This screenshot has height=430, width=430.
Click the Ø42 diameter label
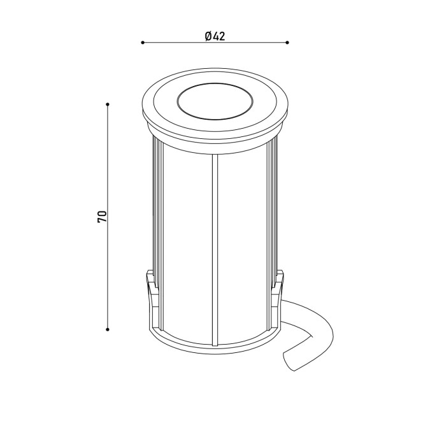[x=215, y=36]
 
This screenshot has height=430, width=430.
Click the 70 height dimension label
[x=101, y=217]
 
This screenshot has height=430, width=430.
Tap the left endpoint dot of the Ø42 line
[x=143, y=43]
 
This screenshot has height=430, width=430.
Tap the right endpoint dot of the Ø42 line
[x=287, y=43]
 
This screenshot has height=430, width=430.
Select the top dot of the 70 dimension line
[x=108, y=104]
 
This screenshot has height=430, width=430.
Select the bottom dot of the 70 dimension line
[x=108, y=329]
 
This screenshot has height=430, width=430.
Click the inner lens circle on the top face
[x=215, y=101]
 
